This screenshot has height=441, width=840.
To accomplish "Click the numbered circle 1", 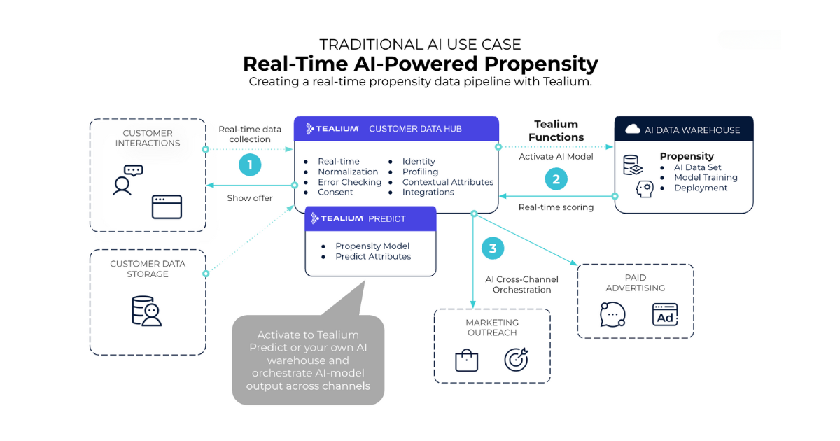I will (250, 165).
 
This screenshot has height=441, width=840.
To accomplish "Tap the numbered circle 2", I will (556, 179).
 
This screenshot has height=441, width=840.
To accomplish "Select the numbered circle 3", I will (493, 248).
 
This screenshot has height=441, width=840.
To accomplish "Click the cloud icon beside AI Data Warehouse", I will (633, 129).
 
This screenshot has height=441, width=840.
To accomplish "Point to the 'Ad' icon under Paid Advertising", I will (664, 315).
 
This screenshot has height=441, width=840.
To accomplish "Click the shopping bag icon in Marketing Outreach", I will (466, 360).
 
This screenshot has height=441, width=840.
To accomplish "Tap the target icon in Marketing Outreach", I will (516, 360).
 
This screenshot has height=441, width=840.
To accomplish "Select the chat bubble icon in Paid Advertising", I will (612, 315).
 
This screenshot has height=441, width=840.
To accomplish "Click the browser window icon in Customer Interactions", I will (167, 206).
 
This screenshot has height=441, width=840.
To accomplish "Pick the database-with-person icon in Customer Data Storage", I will (146, 311).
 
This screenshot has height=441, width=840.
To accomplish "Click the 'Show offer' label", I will (250, 198).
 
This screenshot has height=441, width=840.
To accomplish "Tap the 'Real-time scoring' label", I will (556, 207).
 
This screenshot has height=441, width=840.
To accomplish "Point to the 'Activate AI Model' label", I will (556, 157).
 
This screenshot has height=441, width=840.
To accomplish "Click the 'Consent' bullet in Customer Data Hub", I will (335, 192).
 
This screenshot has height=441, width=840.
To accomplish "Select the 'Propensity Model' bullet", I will (372, 246).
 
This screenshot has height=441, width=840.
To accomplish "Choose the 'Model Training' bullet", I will (706, 178).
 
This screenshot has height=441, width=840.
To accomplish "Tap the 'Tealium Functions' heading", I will (556, 131).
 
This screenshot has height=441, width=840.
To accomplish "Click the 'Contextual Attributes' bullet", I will (447, 182).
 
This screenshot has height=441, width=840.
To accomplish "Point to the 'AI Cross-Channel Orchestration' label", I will (521, 285).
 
